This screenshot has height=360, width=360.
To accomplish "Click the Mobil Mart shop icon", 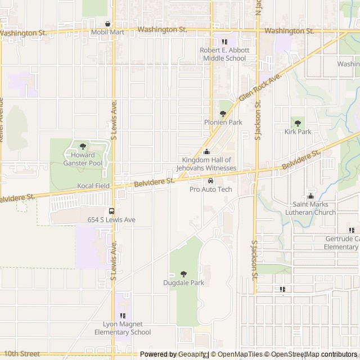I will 108,24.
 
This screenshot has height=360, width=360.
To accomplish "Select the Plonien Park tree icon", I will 223,114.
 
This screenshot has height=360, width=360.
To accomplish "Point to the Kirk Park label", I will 298,132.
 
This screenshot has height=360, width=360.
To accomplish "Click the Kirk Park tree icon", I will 298,123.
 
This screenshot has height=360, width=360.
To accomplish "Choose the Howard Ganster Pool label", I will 83,159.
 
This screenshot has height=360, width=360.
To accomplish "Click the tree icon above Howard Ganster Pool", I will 83,146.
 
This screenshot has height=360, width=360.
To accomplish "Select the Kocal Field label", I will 93,185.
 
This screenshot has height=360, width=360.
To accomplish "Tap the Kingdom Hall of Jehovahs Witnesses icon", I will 206,152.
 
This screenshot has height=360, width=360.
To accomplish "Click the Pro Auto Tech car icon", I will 210,181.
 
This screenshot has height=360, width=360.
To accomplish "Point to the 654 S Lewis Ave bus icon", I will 111,211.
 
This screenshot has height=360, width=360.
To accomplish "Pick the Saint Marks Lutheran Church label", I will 313,209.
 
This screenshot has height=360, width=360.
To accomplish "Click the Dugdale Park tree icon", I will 183,274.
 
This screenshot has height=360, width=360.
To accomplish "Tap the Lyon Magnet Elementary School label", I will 127,328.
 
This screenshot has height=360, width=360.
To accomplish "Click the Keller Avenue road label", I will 2,119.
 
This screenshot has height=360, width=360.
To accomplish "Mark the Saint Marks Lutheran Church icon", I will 310,196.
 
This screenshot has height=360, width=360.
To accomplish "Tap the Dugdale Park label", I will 183,282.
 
